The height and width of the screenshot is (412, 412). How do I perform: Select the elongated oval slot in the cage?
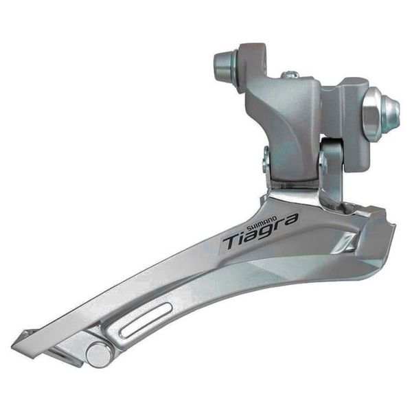click(145, 321)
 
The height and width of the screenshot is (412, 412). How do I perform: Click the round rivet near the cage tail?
click(100, 354)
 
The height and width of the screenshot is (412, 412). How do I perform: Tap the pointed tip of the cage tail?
click(16, 338)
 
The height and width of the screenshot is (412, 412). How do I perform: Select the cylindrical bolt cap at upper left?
click(224, 65)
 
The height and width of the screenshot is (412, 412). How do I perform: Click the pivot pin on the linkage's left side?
click(266, 161)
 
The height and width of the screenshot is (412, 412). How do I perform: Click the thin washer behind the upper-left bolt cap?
click(237, 64)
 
